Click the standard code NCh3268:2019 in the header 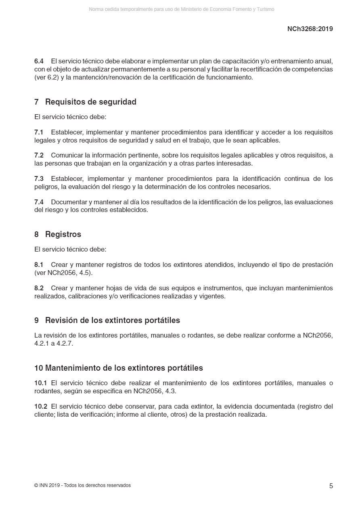310,29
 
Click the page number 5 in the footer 331,486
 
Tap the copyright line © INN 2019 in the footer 82,485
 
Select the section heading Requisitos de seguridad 90,102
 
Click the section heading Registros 63,235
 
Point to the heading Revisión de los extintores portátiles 112,320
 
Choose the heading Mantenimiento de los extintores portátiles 123,368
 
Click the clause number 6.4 39,61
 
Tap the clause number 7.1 39,132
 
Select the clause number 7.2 39,155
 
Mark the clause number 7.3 39,179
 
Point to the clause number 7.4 39,202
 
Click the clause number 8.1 39,265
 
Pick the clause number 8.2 39,288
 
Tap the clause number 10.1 40,383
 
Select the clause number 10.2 40,407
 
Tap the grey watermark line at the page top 182,9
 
